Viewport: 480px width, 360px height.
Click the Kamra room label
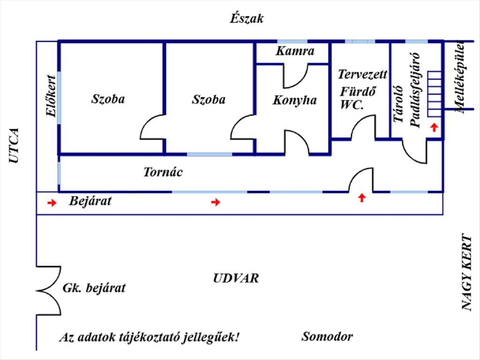click(x=295, y=51)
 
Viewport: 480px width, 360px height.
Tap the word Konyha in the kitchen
click(x=294, y=100)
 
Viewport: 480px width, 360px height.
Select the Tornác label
click(x=163, y=172)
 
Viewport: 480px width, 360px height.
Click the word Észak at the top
click(x=247, y=19)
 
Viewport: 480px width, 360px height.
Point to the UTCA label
click(x=14, y=146)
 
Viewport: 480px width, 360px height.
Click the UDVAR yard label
click(x=236, y=278)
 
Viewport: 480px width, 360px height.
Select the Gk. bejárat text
click(x=94, y=288)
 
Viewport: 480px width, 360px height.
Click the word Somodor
click(x=327, y=336)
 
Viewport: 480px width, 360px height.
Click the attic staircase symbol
click(x=434, y=94)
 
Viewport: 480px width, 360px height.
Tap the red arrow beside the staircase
click(x=434, y=128)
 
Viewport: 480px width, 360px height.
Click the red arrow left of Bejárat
click(x=52, y=203)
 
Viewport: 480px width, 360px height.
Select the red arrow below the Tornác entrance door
click(x=362, y=197)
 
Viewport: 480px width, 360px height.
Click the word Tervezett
click(x=362, y=74)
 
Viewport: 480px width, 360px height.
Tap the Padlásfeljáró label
click(x=416, y=90)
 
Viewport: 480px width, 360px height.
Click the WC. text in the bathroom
click(x=352, y=105)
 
